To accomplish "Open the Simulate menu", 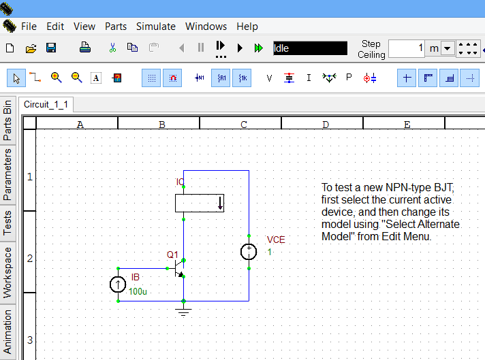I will (155, 27).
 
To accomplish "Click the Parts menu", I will (116, 27).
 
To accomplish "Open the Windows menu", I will (206, 27).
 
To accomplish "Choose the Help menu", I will (247, 27).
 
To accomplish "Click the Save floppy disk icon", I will (51, 48).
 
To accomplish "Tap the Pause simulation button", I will (201, 48).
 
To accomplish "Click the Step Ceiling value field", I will (407, 48).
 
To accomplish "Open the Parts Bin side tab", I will (7, 121).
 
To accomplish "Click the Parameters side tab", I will (7, 175).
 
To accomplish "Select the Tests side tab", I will (7, 223).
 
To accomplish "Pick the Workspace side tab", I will (7, 272).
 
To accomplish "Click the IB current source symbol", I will (118, 284).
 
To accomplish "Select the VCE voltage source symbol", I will (249, 252).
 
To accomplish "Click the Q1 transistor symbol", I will (179, 267).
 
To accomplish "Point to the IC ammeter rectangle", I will (199, 203).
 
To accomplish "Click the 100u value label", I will (138, 292).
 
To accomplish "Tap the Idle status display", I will (310, 48).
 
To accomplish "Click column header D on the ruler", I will (325, 125).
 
